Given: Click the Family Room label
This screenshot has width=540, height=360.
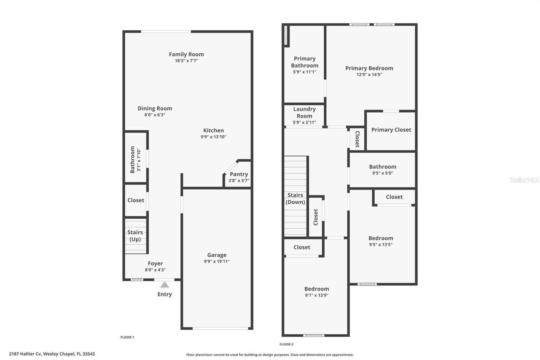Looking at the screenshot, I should coord(186,54).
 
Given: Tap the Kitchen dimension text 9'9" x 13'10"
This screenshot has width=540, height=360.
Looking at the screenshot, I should coord(213,137).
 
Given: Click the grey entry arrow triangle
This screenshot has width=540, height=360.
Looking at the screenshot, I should coord(165,285).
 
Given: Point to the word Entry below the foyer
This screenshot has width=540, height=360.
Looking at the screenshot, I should coord(165,294).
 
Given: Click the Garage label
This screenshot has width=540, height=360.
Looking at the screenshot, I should coord(217,255).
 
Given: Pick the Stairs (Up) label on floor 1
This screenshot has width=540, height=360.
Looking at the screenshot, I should coord(135,236).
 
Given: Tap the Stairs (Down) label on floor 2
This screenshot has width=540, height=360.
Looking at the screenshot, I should coord(295,199).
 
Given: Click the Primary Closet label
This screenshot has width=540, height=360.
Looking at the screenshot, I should coord(391,130).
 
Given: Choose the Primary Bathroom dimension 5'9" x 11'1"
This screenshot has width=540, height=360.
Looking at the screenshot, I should coord(304,72).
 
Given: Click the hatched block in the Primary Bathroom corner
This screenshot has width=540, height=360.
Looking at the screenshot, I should coord(286,35).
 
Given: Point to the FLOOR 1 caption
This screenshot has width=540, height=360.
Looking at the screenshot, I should coord(127,337).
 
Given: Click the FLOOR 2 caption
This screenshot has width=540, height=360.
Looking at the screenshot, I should coord(287,344).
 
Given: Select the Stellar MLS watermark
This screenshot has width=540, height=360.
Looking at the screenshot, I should coord(524,180).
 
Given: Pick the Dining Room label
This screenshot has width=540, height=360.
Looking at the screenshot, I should coord(155,108).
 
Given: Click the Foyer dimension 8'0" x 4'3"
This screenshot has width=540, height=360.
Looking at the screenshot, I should coord(155,270).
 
